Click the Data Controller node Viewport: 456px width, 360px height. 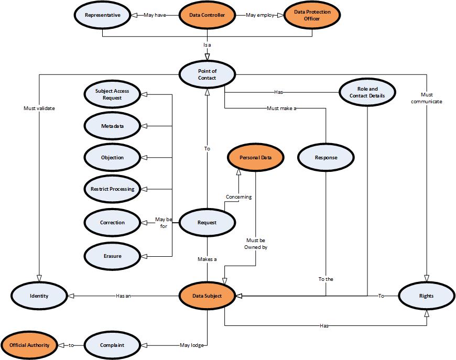click(x=207, y=15)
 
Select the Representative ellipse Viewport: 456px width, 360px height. click(x=103, y=15)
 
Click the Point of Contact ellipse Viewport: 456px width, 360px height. click(x=207, y=74)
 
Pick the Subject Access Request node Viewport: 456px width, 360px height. click(x=112, y=94)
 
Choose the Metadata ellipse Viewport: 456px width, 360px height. click(x=112, y=126)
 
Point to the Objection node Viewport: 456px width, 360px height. click(x=112, y=157)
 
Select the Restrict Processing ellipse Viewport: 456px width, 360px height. click(x=112, y=189)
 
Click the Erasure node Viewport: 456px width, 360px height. click(x=112, y=256)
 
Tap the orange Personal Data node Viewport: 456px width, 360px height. click(x=255, y=157)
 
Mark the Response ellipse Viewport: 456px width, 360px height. click(x=326, y=157)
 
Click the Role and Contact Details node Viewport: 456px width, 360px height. click(x=367, y=92)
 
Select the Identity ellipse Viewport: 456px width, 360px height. click(x=39, y=296)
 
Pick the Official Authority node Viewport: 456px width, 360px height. click(x=29, y=345)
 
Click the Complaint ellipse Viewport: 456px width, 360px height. click(x=112, y=345)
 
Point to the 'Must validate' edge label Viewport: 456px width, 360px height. click(x=39, y=108)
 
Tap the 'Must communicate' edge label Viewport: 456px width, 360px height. click(x=427, y=98)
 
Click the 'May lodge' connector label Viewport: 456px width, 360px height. click(x=192, y=345)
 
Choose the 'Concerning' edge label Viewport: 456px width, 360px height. click(x=238, y=197)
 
